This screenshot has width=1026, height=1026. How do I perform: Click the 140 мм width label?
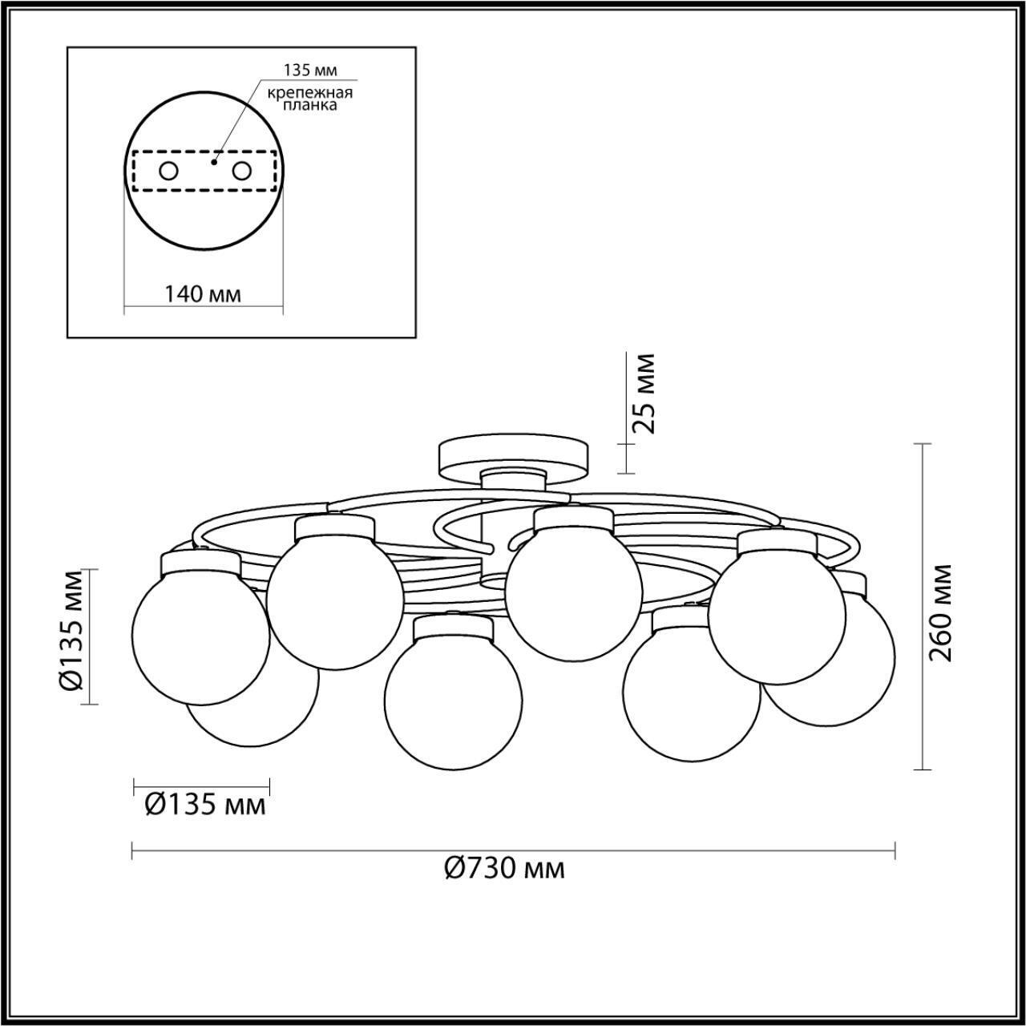[203, 294]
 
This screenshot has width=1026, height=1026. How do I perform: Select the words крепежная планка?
[311, 98]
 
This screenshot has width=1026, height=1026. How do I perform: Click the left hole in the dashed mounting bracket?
[168, 171]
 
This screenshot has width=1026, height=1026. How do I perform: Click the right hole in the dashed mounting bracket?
[241, 171]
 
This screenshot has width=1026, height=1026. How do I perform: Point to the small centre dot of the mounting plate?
[212, 161]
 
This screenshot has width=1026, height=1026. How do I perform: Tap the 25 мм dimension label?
[643, 393]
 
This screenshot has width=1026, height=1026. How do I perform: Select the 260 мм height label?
[943, 612]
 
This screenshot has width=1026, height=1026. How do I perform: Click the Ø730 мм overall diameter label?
[504, 868]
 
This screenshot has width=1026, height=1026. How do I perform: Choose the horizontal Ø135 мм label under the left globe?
[205, 804]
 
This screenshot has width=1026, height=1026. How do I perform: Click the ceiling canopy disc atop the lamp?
[513, 454]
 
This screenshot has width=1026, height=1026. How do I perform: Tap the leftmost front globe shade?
[200, 633]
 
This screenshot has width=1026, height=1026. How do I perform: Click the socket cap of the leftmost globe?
[200, 561]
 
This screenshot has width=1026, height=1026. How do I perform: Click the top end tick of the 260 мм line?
[923, 443]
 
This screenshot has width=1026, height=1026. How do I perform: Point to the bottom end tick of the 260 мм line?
[923, 770]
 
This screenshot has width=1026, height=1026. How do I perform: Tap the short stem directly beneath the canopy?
[513, 479]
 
